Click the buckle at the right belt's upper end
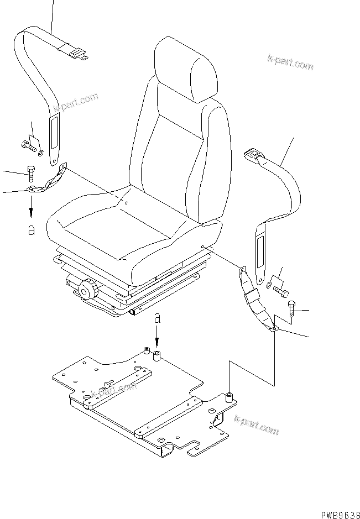(x=252, y=155)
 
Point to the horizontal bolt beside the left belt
(x=28, y=146)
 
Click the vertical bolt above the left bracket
(x=30, y=174)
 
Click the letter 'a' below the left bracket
(x=32, y=230)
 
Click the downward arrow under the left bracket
(x=32, y=206)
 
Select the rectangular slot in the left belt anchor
(x=55, y=136)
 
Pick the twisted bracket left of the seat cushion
(x=48, y=179)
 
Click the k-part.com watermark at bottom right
(x=256, y=424)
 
